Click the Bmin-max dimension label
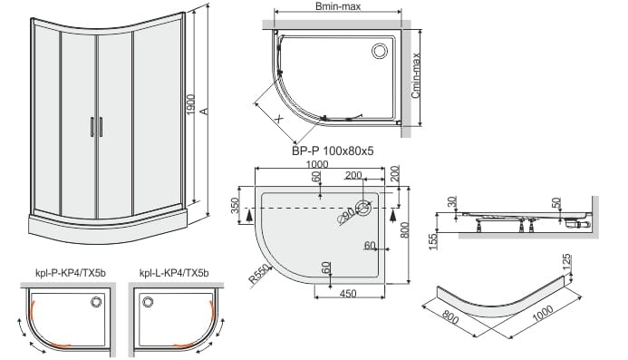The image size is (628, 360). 338,6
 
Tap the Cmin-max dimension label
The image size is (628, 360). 416,76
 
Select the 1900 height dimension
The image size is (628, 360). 191,104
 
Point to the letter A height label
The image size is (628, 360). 204,111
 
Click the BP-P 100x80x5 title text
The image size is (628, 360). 333,151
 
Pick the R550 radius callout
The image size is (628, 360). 259,275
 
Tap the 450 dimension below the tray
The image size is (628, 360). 348,294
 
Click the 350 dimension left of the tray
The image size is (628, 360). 235,205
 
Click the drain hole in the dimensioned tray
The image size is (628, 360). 364,208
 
